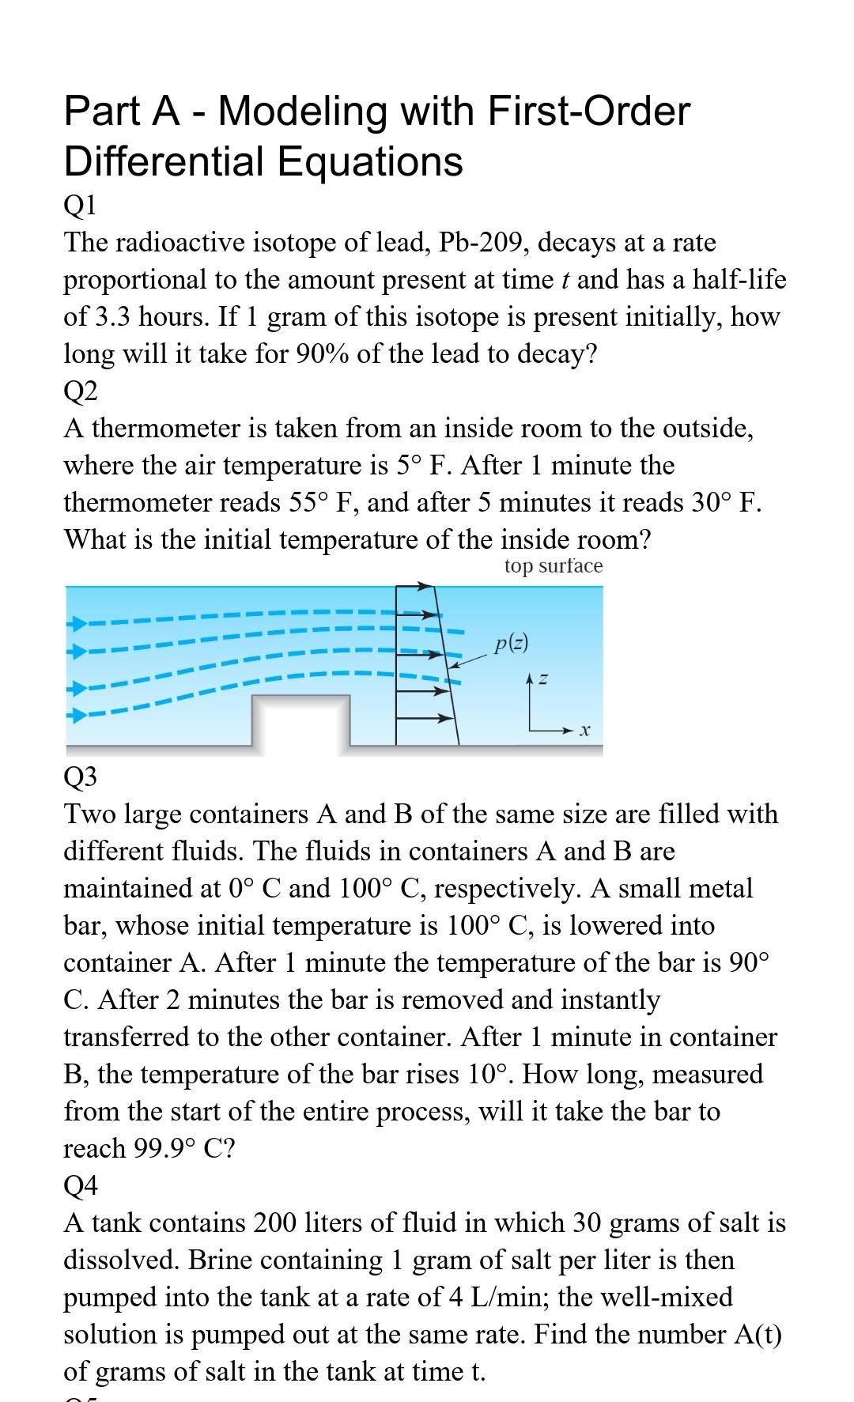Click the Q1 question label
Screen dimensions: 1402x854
point(80,206)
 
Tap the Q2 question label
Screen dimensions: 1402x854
point(80,391)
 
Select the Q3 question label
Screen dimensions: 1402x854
point(80,777)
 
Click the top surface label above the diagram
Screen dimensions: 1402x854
point(553,566)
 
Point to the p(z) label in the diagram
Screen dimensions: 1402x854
point(510,643)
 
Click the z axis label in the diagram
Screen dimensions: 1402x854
point(544,678)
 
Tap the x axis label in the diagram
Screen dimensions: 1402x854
point(584,731)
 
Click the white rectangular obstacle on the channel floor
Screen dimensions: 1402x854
point(300,720)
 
